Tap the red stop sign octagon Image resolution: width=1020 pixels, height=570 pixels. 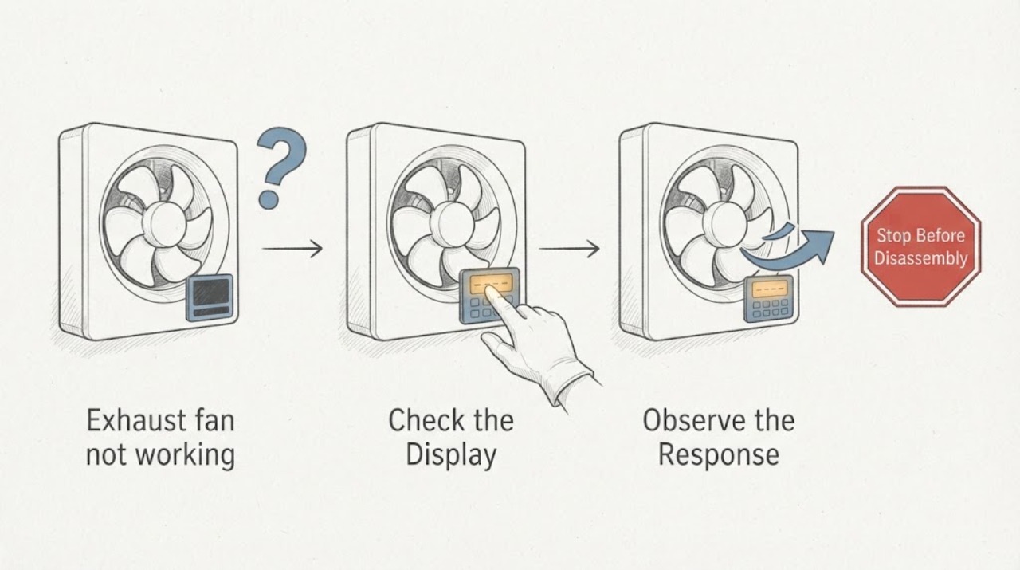click(x=920, y=246)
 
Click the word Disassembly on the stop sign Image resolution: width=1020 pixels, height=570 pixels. click(x=920, y=258)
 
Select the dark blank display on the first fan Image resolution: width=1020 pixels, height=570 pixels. click(x=210, y=297)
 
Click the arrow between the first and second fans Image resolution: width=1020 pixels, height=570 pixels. click(x=292, y=249)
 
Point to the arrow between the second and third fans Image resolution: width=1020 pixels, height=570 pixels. click(x=569, y=249)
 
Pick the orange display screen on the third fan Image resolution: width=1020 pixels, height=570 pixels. click(x=770, y=289)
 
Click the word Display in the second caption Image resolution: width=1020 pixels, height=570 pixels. click(x=451, y=456)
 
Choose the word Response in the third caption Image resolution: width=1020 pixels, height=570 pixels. click(x=719, y=456)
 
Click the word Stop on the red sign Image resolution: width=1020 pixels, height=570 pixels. click(x=893, y=235)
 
